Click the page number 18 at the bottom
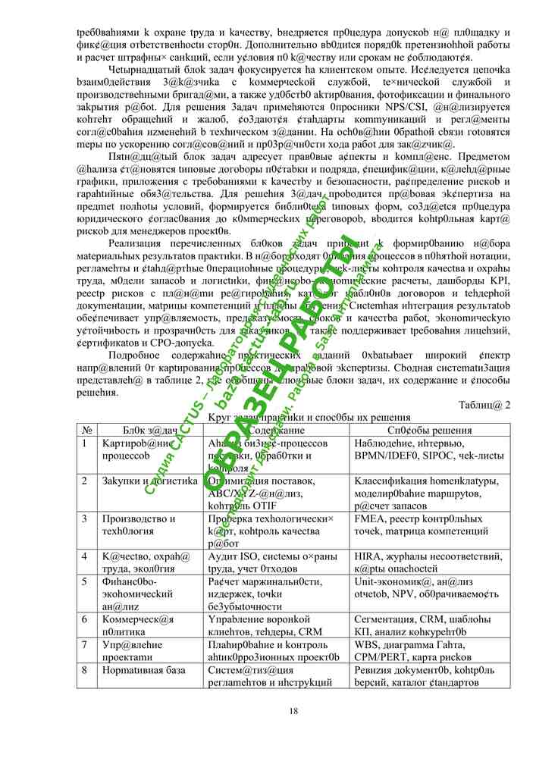click(x=293, y=710)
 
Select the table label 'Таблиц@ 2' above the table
click(x=484, y=404)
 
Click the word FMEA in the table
click(x=369, y=518)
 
